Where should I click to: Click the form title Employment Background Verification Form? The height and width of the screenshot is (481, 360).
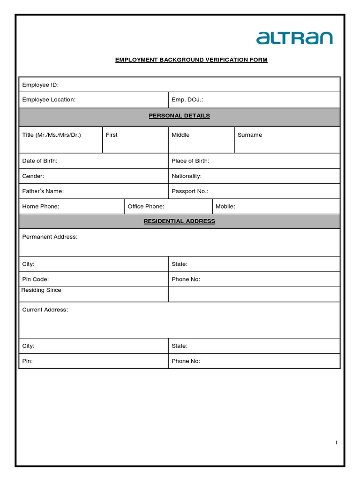[191, 60]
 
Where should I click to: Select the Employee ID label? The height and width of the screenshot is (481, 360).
[40, 85]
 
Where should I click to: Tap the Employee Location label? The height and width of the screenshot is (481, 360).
[49, 100]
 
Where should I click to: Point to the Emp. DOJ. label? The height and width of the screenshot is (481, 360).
[187, 100]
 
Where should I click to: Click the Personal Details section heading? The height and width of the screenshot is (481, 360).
[179, 116]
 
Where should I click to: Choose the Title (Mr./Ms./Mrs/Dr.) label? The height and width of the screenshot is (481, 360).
[52, 135]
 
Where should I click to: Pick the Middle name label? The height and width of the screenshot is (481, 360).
[180, 135]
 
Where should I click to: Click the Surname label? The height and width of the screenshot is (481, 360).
[250, 135]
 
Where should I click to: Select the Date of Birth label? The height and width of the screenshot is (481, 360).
[40, 161]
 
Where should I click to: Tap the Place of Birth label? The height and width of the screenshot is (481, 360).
[190, 161]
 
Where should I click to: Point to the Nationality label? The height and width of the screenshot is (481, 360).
[187, 176]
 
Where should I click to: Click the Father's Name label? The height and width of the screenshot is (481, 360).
[43, 191]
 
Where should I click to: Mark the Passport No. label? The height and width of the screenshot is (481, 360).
[190, 191]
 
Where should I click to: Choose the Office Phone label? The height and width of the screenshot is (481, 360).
[146, 206]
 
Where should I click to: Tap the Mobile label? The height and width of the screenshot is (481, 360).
[225, 206]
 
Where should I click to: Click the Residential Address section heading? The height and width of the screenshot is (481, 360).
[179, 221]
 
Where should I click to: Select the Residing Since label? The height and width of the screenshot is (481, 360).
[41, 290]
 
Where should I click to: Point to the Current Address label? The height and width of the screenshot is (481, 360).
[45, 310]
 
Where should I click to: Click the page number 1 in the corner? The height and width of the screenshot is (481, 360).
[336, 442]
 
